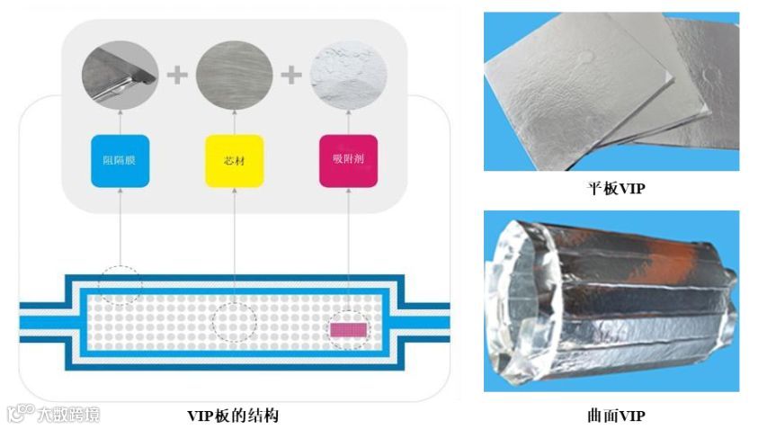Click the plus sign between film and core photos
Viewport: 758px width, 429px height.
[x=177, y=75]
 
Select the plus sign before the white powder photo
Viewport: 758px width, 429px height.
[x=290, y=75]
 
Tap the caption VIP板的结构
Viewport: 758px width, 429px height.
[x=232, y=416]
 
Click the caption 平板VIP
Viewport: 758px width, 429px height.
[x=611, y=189]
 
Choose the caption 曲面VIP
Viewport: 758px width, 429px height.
[x=611, y=416]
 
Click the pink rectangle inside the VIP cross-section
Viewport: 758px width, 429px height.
[x=347, y=330]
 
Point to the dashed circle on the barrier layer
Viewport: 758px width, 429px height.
[x=120, y=282]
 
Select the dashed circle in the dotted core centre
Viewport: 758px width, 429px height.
[x=234, y=321]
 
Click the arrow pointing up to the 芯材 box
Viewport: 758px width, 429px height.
[x=234, y=243]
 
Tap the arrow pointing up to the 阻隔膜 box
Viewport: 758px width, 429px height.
[x=120, y=225]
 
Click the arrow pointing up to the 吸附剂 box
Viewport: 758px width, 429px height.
[x=348, y=243]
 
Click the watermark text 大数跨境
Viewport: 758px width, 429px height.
[x=67, y=415]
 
